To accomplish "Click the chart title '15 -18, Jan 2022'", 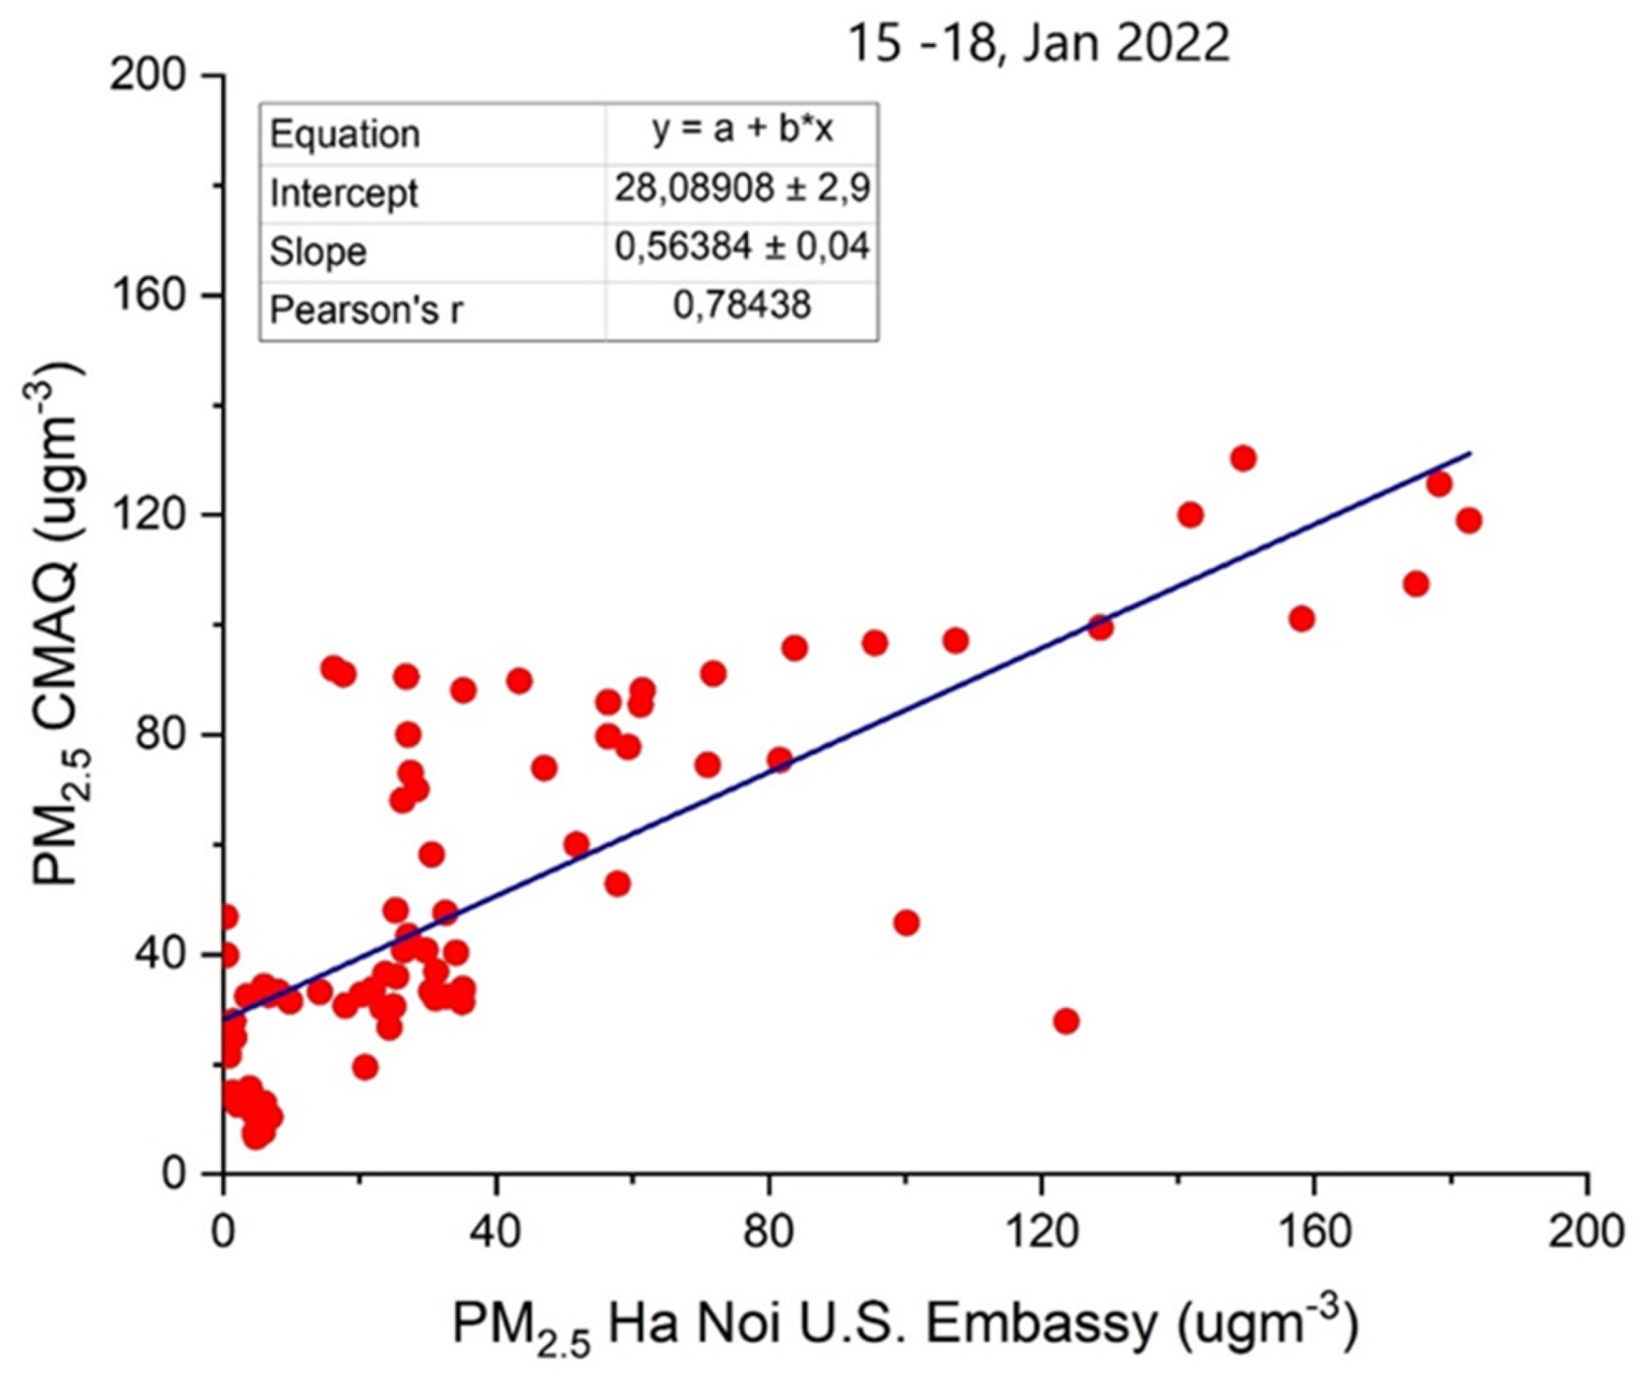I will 1037,44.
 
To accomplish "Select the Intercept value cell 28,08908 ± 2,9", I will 742,190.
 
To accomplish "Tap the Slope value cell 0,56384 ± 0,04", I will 742,249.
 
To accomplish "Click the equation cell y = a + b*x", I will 742,132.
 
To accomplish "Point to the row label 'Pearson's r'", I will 366,311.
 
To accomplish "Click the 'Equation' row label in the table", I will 345,135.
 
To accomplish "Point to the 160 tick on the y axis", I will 148,295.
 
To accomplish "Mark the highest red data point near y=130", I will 1243,459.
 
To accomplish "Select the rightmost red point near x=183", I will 1469,520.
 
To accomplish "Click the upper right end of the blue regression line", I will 1469,453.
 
